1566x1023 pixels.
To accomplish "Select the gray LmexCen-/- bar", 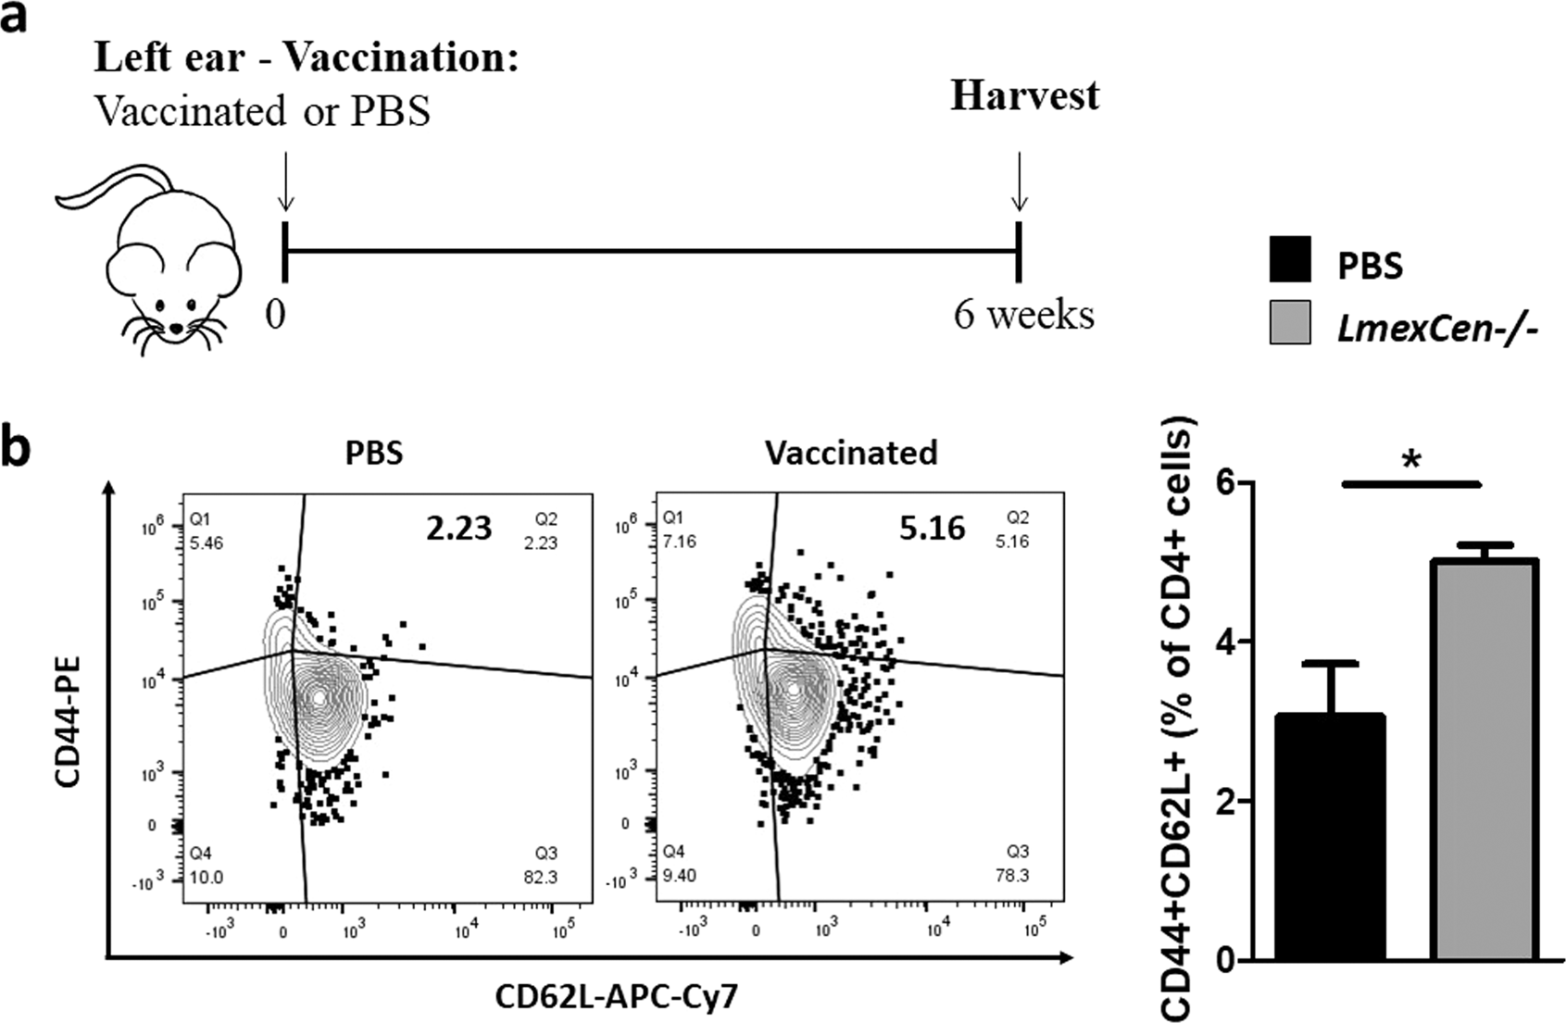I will [1485, 759].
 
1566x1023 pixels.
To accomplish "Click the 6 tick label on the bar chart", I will [1227, 482].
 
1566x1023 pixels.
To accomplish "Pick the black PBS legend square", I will [1290, 259].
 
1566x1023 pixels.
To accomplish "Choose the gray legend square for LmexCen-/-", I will [1290, 322].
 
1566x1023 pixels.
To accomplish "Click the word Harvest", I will [1024, 95].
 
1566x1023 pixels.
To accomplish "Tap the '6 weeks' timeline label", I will [1024, 315].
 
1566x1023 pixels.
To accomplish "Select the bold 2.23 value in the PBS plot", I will [458, 529].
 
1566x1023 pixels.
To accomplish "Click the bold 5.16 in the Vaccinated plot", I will [932, 529].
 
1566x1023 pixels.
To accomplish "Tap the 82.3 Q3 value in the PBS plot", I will [540, 877].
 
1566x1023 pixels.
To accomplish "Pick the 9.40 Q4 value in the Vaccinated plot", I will [681, 875].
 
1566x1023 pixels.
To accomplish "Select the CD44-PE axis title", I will [69, 721].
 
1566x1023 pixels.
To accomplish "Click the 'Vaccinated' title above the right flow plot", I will [850, 453].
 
